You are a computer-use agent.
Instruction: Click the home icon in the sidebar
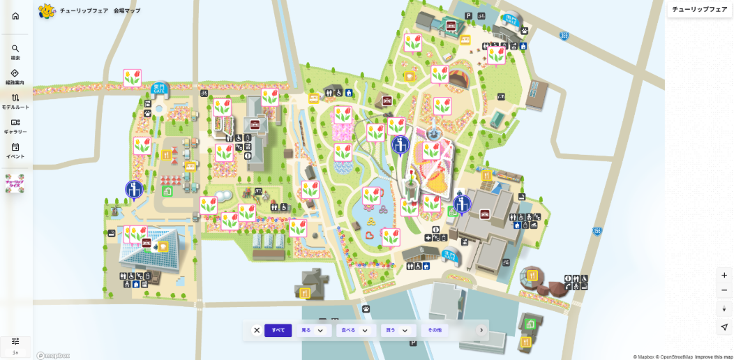pyautogui.click(x=15, y=16)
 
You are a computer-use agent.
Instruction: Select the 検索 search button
pyautogui.click(x=15, y=52)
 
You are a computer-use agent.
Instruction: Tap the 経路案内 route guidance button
pyautogui.click(x=15, y=77)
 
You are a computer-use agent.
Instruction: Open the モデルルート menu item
pyautogui.click(x=15, y=101)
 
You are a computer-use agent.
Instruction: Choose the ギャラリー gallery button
pyautogui.click(x=15, y=126)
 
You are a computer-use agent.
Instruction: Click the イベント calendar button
pyautogui.click(x=15, y=151)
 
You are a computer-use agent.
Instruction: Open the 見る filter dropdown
pyautogui.click(x=313, y=331)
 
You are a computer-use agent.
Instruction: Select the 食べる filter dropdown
pyautogui.click(x=354, y=331)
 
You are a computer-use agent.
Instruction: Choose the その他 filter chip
pyautogui.click(x=435, y=331)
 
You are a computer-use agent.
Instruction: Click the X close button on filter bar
pyautogui.click(x=257, y=331)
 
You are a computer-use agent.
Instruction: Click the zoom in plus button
pyautogui.click(x=724, y=275)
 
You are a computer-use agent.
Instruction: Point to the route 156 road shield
pyautogui.click(x=597, y=231)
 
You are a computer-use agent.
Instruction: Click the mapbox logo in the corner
pyautogui.click(x=54, y=355)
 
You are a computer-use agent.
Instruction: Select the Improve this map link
pyautogui.click(x=713, y=357)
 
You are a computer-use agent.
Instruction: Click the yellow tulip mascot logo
pyautogui.click(x=47, y=11)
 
